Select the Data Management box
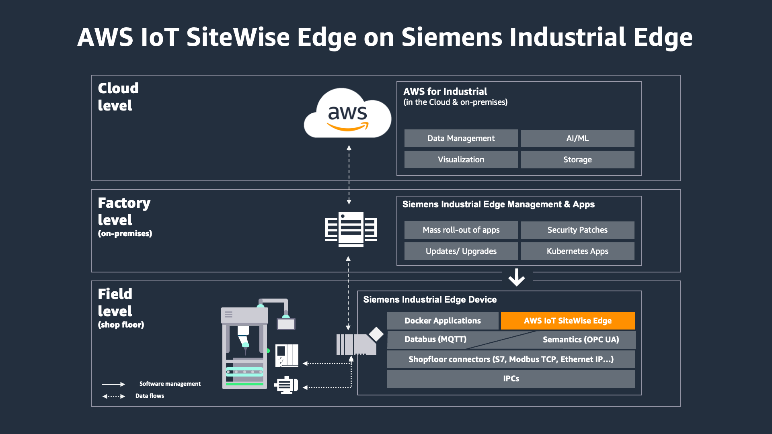[x=461, y=138]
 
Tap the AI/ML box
[x=577, y=138]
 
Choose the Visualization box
[x=461, y=160]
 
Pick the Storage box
[x=577, y=160]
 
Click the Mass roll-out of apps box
[x=461, y=230]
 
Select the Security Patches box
[x=577, y=230]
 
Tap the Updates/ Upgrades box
[x=461, y=251]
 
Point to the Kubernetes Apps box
[x=577, y=251]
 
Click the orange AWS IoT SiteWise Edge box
[x=568, y=321]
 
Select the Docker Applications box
[x=443, y=321]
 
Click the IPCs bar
[x=511, y=379]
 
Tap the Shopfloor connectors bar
[x=511, y=359]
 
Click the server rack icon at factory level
[x=351, y=229]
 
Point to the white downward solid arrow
[x=517, y=277]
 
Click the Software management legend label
[x=170, y=384]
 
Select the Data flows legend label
[x=150, y=396]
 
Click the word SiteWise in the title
[x=238, y=37]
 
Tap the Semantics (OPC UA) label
[x=581, y=340]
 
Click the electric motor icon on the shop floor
[x=286, y=385]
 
